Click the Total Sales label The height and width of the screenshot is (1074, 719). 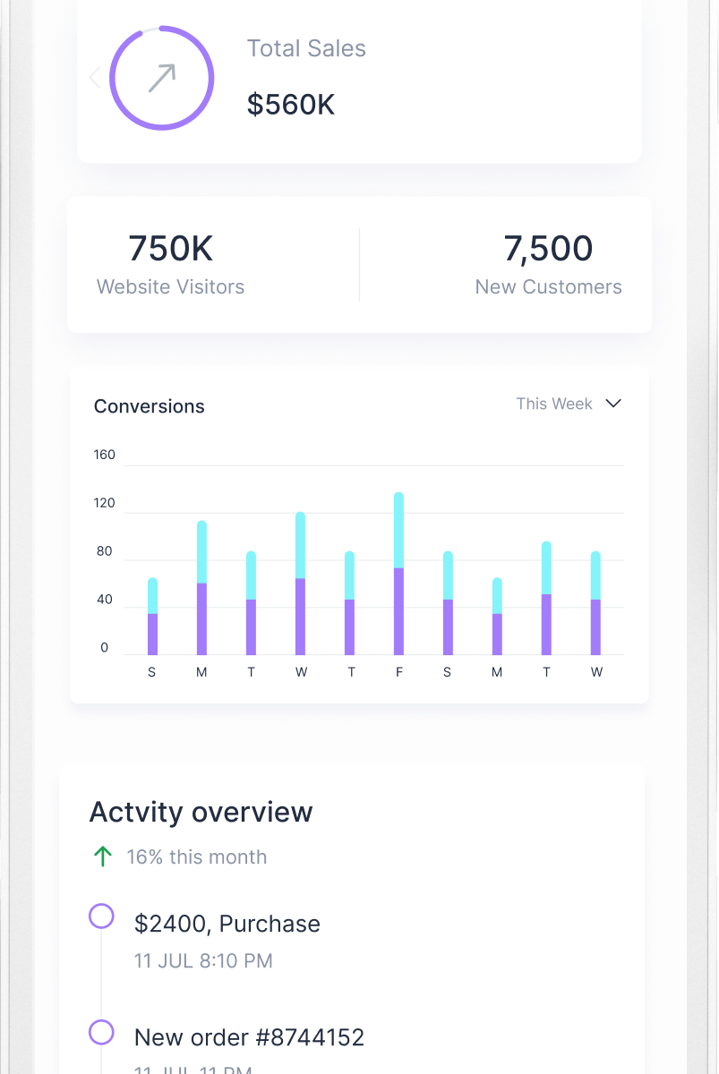306,48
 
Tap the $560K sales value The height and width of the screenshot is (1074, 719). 291,105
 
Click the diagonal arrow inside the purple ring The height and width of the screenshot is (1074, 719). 162,79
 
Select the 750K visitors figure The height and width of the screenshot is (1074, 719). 170,249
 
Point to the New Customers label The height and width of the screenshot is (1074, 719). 548,287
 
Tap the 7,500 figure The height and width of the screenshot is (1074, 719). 548,249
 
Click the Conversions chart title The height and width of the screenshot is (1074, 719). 150,406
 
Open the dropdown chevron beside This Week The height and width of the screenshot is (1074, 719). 613,404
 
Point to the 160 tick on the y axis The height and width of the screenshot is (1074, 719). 105,455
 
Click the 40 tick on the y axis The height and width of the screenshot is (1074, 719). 105,600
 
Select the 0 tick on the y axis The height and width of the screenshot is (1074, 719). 105,648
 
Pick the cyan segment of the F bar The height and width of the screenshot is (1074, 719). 398,530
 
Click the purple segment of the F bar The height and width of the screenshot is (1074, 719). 398,611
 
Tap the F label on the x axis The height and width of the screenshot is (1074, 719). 399,672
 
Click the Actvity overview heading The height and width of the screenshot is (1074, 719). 201,813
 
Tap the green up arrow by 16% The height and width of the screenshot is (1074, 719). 103,857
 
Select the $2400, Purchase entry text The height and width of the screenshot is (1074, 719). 227,924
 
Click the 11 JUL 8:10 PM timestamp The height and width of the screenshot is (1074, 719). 203,961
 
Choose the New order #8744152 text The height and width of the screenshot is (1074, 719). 249,1037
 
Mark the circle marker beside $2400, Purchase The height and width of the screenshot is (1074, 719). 101,916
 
